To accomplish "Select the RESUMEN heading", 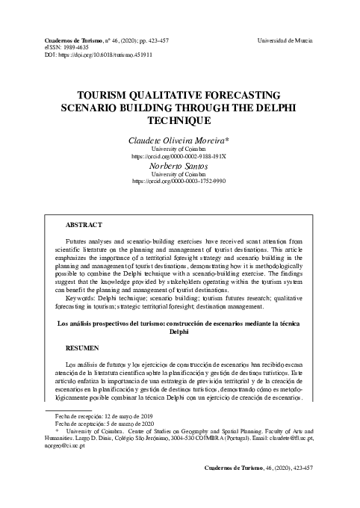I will (81, 348).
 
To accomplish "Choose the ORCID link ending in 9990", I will (179, 181).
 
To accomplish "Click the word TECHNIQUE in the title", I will (179, 119).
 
